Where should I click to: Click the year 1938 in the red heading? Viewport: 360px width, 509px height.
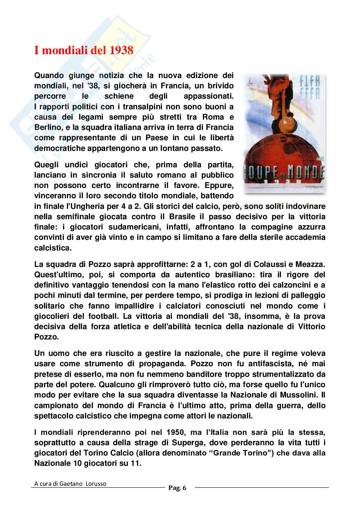pos(121,51)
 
